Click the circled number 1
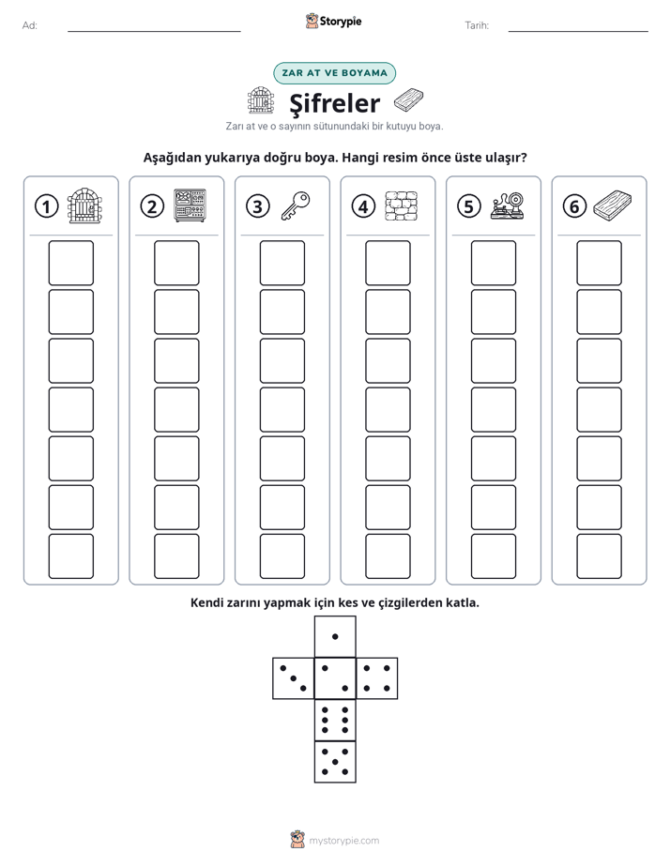click(x=46, y=206)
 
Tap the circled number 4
click(x=363, y=206)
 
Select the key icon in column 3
click(x=296, y=205)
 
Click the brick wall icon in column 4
click(x=402, y=206)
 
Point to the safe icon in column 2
click(x=190, y=205)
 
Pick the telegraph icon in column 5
click(x=507, y=205)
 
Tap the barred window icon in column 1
click(x=84, y=205)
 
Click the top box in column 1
click(x=70, y=263)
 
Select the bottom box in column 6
click(x=600, y=556)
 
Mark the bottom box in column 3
click(x=282, y=556)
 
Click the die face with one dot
click(x=335, y=636)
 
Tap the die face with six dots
click(x=335, y=720)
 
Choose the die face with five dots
click(x=335, y=761)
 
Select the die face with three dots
click(x=294, y=677)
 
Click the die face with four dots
click(x=377, y=677)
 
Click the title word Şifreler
click(x=335, y=103)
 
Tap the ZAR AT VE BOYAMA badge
click(x=334, y=73)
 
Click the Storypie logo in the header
click(x=333, y=21)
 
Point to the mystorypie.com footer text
click(x=343, y=841)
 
